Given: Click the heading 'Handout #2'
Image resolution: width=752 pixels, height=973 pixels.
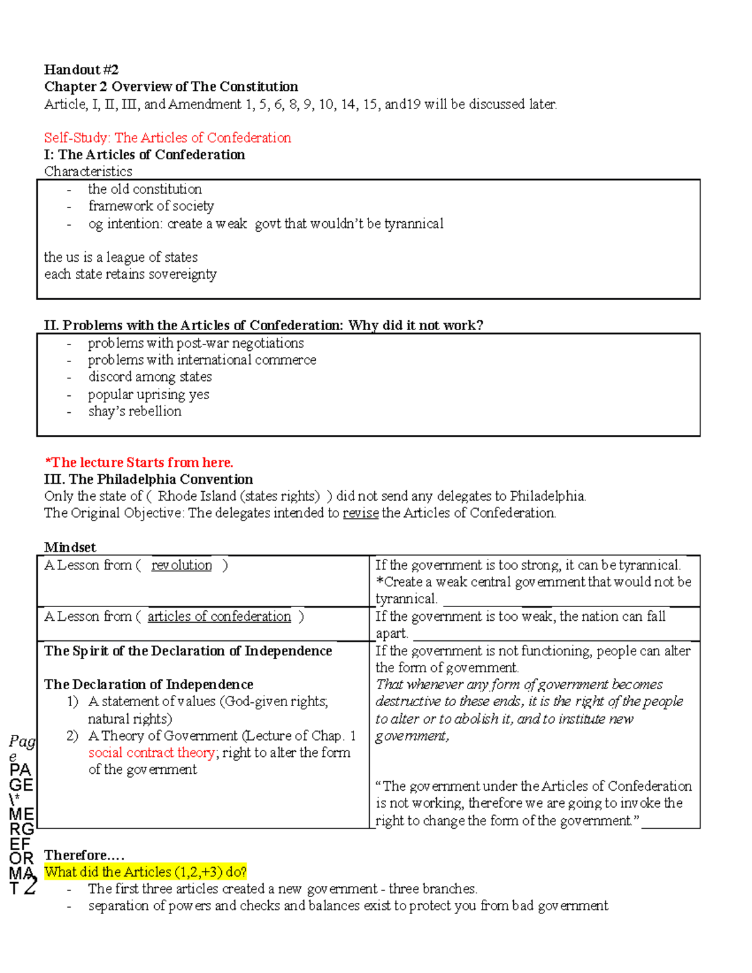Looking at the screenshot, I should click(81, 70).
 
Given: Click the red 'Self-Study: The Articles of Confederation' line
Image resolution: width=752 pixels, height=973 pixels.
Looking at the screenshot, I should click(167, 138).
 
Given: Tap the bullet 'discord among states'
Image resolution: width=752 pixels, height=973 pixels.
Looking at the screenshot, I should click(150, 377).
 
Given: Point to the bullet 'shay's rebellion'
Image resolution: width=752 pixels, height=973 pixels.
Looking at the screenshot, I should click(135, 411).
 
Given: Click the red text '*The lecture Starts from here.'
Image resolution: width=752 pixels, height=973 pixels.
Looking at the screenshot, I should click(138, 462).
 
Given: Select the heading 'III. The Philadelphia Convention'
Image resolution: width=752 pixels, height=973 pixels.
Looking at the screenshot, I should click(149, 479).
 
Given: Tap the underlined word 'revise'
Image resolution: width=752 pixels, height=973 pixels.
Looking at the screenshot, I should click(360, 513).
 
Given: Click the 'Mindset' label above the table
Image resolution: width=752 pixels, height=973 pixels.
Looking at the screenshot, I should click(70, 547).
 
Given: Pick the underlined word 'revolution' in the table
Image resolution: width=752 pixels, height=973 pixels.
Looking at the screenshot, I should click(182, 565).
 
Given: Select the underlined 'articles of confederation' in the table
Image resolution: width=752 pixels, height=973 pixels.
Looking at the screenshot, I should click(219, 617).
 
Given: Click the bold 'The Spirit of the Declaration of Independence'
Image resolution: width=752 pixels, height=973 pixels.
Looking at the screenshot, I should click(188, 651).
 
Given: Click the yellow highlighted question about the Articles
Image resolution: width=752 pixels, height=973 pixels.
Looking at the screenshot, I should click(145, 872).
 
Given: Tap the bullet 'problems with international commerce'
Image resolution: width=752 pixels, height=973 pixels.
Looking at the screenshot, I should click(202, 360).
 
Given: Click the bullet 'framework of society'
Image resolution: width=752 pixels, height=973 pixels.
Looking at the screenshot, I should click(151, 206).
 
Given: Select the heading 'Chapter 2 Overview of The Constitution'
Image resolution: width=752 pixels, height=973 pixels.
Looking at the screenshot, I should click(171, 86).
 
